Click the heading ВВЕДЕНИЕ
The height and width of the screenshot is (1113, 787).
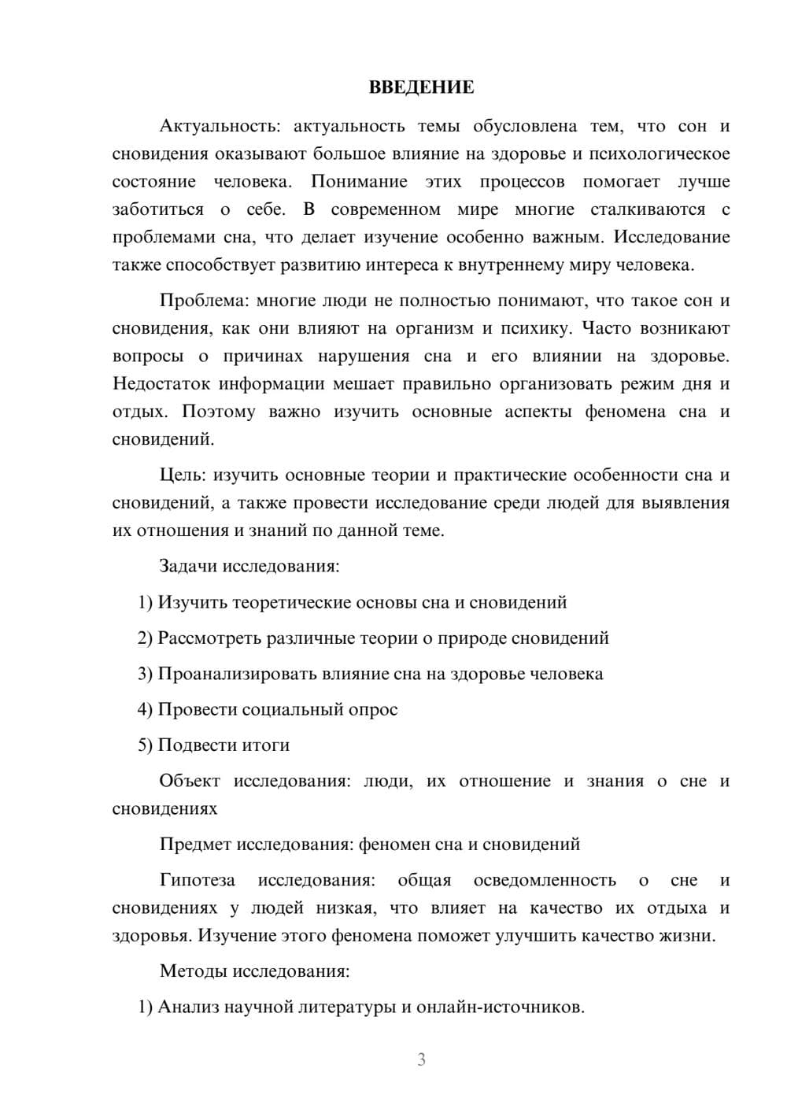(x=421, y=87)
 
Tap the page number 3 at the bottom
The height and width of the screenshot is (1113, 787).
(x=421, y=1059)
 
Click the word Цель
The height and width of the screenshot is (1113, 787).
(x=183, y=475)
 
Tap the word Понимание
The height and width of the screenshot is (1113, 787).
(x=359, y=182)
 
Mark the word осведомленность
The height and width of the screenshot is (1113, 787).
(x=545, y=880)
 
